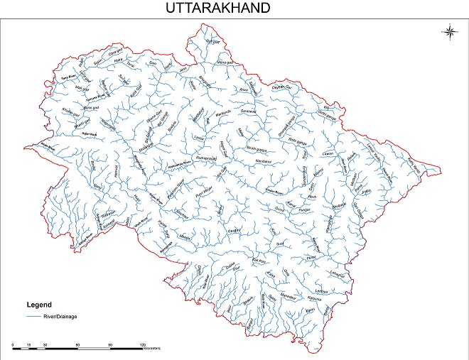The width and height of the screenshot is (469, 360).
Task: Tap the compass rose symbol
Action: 450,30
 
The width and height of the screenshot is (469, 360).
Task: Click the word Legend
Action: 40,305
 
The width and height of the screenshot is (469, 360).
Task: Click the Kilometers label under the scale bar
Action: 152,349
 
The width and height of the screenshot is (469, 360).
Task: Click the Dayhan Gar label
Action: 284,86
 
